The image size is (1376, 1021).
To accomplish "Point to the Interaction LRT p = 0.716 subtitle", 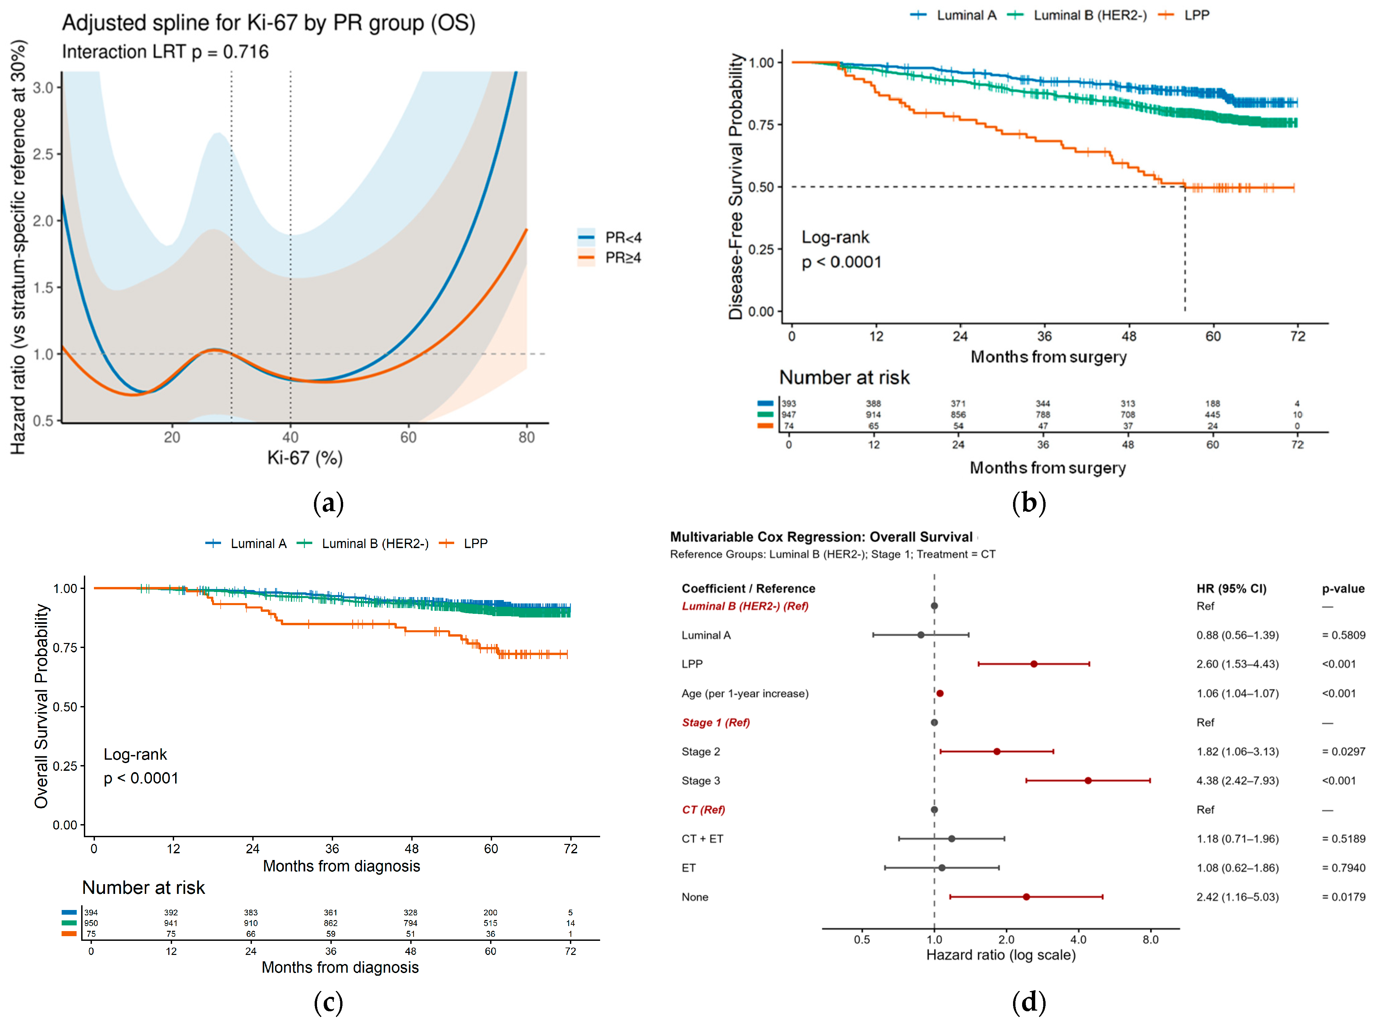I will pyautogui.click(x=165, y=52).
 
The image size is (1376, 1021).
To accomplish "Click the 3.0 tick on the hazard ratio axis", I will pyautogui.click(x=43, y=88).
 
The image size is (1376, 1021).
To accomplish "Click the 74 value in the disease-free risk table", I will pyautogui.click(x=788, y=426).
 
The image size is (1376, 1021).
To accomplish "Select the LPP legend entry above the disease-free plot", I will pyautogui.click(x=1196, y=15).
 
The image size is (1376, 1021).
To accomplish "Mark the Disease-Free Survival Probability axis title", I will pyautogui.click(x=736, y=186).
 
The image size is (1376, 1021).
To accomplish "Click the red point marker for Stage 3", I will pyautogui.click(x=1088, y=781).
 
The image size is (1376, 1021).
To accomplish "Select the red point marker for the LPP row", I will pyautogui.click(x=1034, y=664).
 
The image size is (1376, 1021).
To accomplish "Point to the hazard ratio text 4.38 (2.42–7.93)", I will pyautogui.click(x=1237, y=781).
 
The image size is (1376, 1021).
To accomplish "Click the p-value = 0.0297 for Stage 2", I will pyautogui.click(x=1343, y=752).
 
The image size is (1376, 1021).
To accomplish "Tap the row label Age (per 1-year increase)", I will pyautogui.click(x=745, y=693).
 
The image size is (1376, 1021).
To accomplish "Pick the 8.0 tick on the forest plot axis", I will pyautogui.click(x=1150, y=939).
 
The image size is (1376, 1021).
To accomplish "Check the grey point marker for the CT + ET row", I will pyautogui.click(x=951, y=839).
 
